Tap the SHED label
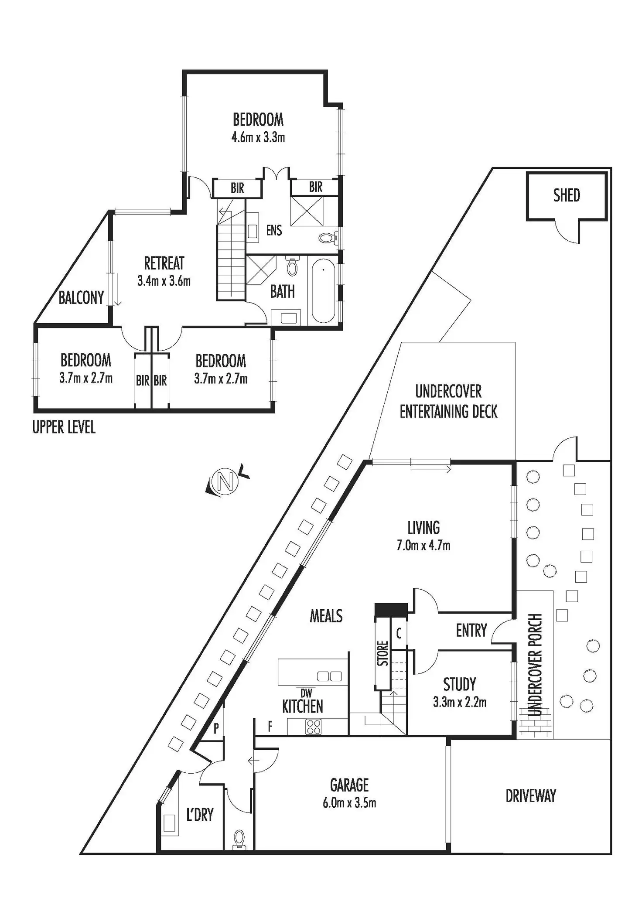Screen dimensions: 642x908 point(567,195)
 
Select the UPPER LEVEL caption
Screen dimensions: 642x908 point(64,427)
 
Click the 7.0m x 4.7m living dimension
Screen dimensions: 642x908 point(423,545)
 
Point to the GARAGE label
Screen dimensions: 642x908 point(349,785)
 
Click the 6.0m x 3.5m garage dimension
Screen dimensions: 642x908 point(349,803)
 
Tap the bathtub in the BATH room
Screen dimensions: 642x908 point(323,291)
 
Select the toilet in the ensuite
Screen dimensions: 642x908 point(328,238)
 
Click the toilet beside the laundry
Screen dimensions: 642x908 point(239,840)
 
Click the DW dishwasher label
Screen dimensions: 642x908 point(307,693)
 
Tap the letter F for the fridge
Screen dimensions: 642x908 point(270,726)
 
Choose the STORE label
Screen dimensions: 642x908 point(382,653)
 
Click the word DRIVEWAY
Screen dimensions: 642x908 point(531,796)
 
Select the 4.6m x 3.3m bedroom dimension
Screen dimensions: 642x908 point(258,137)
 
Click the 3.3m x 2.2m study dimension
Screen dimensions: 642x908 point(460,702)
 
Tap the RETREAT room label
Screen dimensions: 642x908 point(164,263)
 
